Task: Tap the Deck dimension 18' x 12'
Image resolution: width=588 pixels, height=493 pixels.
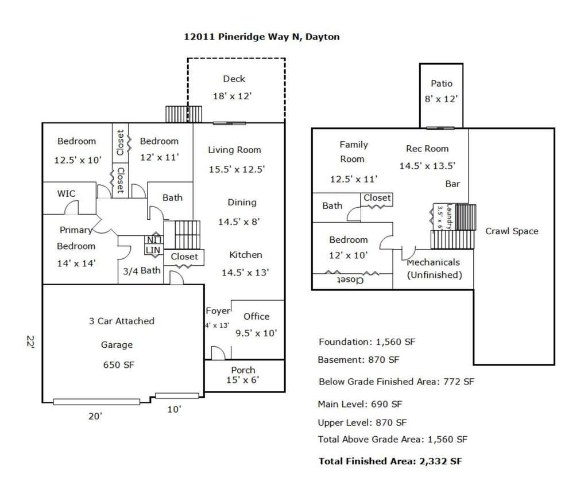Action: coord(232,96)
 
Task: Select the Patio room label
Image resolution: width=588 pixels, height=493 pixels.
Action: coord(442,83)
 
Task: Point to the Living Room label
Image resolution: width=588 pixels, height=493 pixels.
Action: coord(234,150)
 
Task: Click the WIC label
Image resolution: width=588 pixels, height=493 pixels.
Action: coord(66,193)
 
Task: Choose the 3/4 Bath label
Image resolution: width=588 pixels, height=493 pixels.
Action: coord(142,271)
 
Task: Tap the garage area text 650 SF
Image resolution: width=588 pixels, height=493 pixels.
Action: coord(118,365)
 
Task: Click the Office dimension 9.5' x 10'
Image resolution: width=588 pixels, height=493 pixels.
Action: coord(256,333)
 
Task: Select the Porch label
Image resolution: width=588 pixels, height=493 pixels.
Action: coord(243,370)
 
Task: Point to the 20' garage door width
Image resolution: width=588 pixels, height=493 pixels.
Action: coord(95,416)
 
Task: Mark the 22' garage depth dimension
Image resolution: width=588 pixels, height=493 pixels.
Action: coord(31,342)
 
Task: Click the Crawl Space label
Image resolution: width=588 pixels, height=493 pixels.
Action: coord(512,231)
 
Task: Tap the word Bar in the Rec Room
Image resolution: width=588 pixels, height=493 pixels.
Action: coord(452,184)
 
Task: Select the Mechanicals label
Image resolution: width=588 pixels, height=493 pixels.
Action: coord(433,262)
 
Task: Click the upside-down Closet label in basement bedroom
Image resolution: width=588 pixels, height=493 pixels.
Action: coord(350,280)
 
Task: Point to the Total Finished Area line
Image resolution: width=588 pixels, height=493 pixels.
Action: coord(390,461)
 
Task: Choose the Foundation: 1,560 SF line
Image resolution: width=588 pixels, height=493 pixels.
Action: coord(367,342)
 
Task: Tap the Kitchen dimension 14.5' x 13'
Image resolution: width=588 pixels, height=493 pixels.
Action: coord(245,273)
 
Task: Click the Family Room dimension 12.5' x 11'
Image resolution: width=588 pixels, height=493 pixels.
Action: coord(354,179)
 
